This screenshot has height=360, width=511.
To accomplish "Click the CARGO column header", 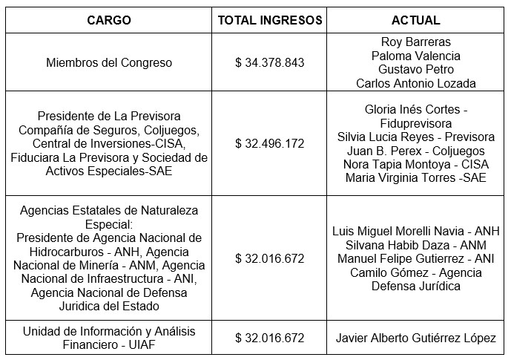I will pyautogui.click(x=109, y=20).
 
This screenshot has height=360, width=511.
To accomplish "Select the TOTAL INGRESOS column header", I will pyautogui.click(x=270, y=20).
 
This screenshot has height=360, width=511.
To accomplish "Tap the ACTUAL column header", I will pyautogui.click(x=415, y=20).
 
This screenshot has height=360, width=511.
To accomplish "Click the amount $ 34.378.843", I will pyautogui.click(x=270, y=63).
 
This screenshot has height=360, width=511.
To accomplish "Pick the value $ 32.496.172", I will pyautogui.click(x=270, y=143).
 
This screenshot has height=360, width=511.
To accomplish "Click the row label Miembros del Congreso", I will pyautogui.click(x=109, y=63).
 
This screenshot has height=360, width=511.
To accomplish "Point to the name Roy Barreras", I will pyautogui.click(x=415, y=42).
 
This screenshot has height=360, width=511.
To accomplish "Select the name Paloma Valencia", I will pyautogui.click(x=415, y=56).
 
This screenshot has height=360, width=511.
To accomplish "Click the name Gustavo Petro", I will pyautogui.click(x=415, y=70).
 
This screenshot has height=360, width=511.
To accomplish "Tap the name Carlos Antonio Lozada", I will pyautogui.click(x=415, y=83).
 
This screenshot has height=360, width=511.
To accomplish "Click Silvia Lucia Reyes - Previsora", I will pyautogui.click(x=415, y=137).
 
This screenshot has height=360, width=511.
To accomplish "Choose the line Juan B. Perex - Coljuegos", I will pyautogui.click(x=415, y=151).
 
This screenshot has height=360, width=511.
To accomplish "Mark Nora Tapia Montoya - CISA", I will pyautogui.click(x=415, y=164).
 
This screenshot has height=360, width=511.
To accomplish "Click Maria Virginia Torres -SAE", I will pyautogui.click(x=415, y=178).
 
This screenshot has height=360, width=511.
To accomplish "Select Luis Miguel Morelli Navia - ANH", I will pyautogui.click(x=415, y=232).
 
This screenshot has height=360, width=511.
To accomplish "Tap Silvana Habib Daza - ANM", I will pyautogui.click(x=415, y=245).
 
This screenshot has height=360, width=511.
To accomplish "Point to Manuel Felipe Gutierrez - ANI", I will pyautogui.click(x=415, y=259).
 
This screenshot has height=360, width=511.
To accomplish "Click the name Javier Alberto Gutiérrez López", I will pyautogui.click(x=415, y=338).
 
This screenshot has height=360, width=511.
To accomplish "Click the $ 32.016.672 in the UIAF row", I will pyautogui.click(x=270, y=338).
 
